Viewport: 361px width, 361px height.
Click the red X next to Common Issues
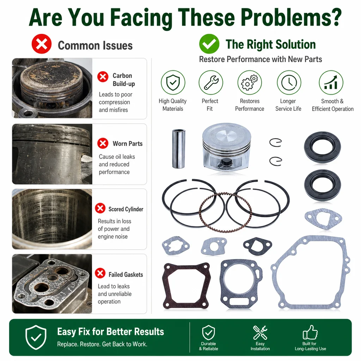pyautogui.click(x=42, y=44)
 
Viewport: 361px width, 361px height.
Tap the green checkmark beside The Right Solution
pyautogui.click(x=209, y=44)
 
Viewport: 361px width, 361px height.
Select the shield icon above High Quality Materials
pyautogui.click(x=173, y=82)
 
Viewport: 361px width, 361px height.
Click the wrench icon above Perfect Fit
pyautogui.click(x=211, y=82)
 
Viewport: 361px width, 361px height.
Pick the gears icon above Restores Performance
pyautogui.click(x=250, y=82)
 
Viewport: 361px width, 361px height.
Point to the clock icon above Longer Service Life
pyautogui.click(x=289, y=82)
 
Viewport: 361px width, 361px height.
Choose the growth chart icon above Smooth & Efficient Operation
pyautogui.click(x=331, y=82)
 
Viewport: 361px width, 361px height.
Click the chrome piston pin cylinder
pyautogui.click(x=179, y=149)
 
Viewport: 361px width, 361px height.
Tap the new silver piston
pyautogui.click(x=227, y=147)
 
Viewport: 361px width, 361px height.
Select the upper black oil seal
pyautogui.click(x=322, y=147)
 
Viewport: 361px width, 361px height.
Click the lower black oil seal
pyautogui.click(x=322, y=185)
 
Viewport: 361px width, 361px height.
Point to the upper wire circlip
pyautogui.click(x=276, y=142)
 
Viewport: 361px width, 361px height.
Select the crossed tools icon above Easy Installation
pyautogui.click(x=260, y=332)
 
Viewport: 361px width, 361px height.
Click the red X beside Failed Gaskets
pyautogui.click(x=100, y=273)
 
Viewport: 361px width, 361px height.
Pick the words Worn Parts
pyautogui.click(x=128, y=144)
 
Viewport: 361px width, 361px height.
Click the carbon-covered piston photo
pyautogui.click(x=52, y=88)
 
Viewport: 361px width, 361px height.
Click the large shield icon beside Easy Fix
pyautogui.click(x=36, y=337)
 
